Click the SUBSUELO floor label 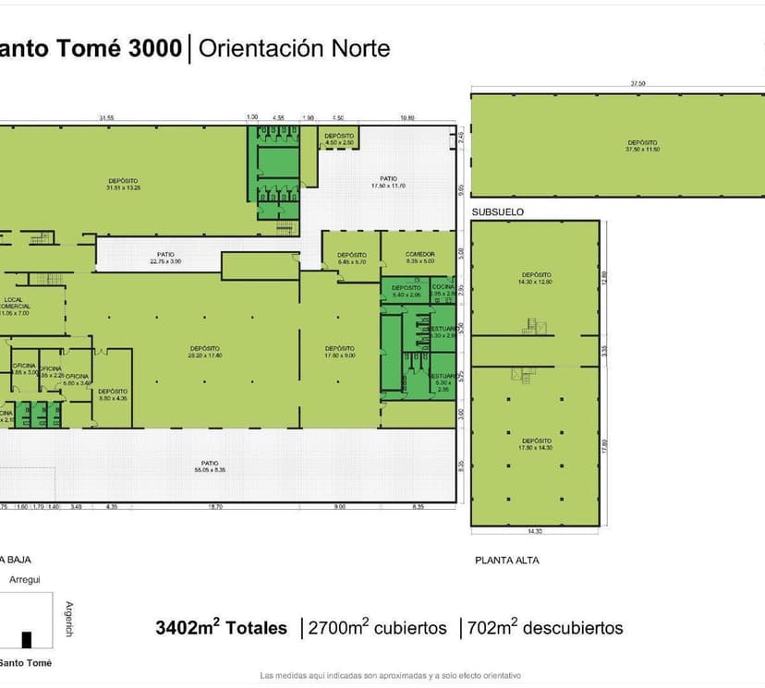click(498, 212)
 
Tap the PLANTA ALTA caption click(507, 561)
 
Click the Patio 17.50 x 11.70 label click(388, 182)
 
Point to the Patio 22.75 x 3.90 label click(165, 258)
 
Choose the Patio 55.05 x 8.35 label click(210, 466)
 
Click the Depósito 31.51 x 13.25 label click(123, 184)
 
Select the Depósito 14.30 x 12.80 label click(536, 278)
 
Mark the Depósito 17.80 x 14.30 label click(536, 444)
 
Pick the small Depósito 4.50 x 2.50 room click(339, 139)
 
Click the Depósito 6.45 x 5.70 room click(352, 259)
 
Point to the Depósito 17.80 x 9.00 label click(339, 352)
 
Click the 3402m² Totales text click(222, 629)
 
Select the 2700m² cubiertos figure click(379, 629)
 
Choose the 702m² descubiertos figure click(546, 629)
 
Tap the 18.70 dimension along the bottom click(215, 507)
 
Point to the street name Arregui click(24, 580)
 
